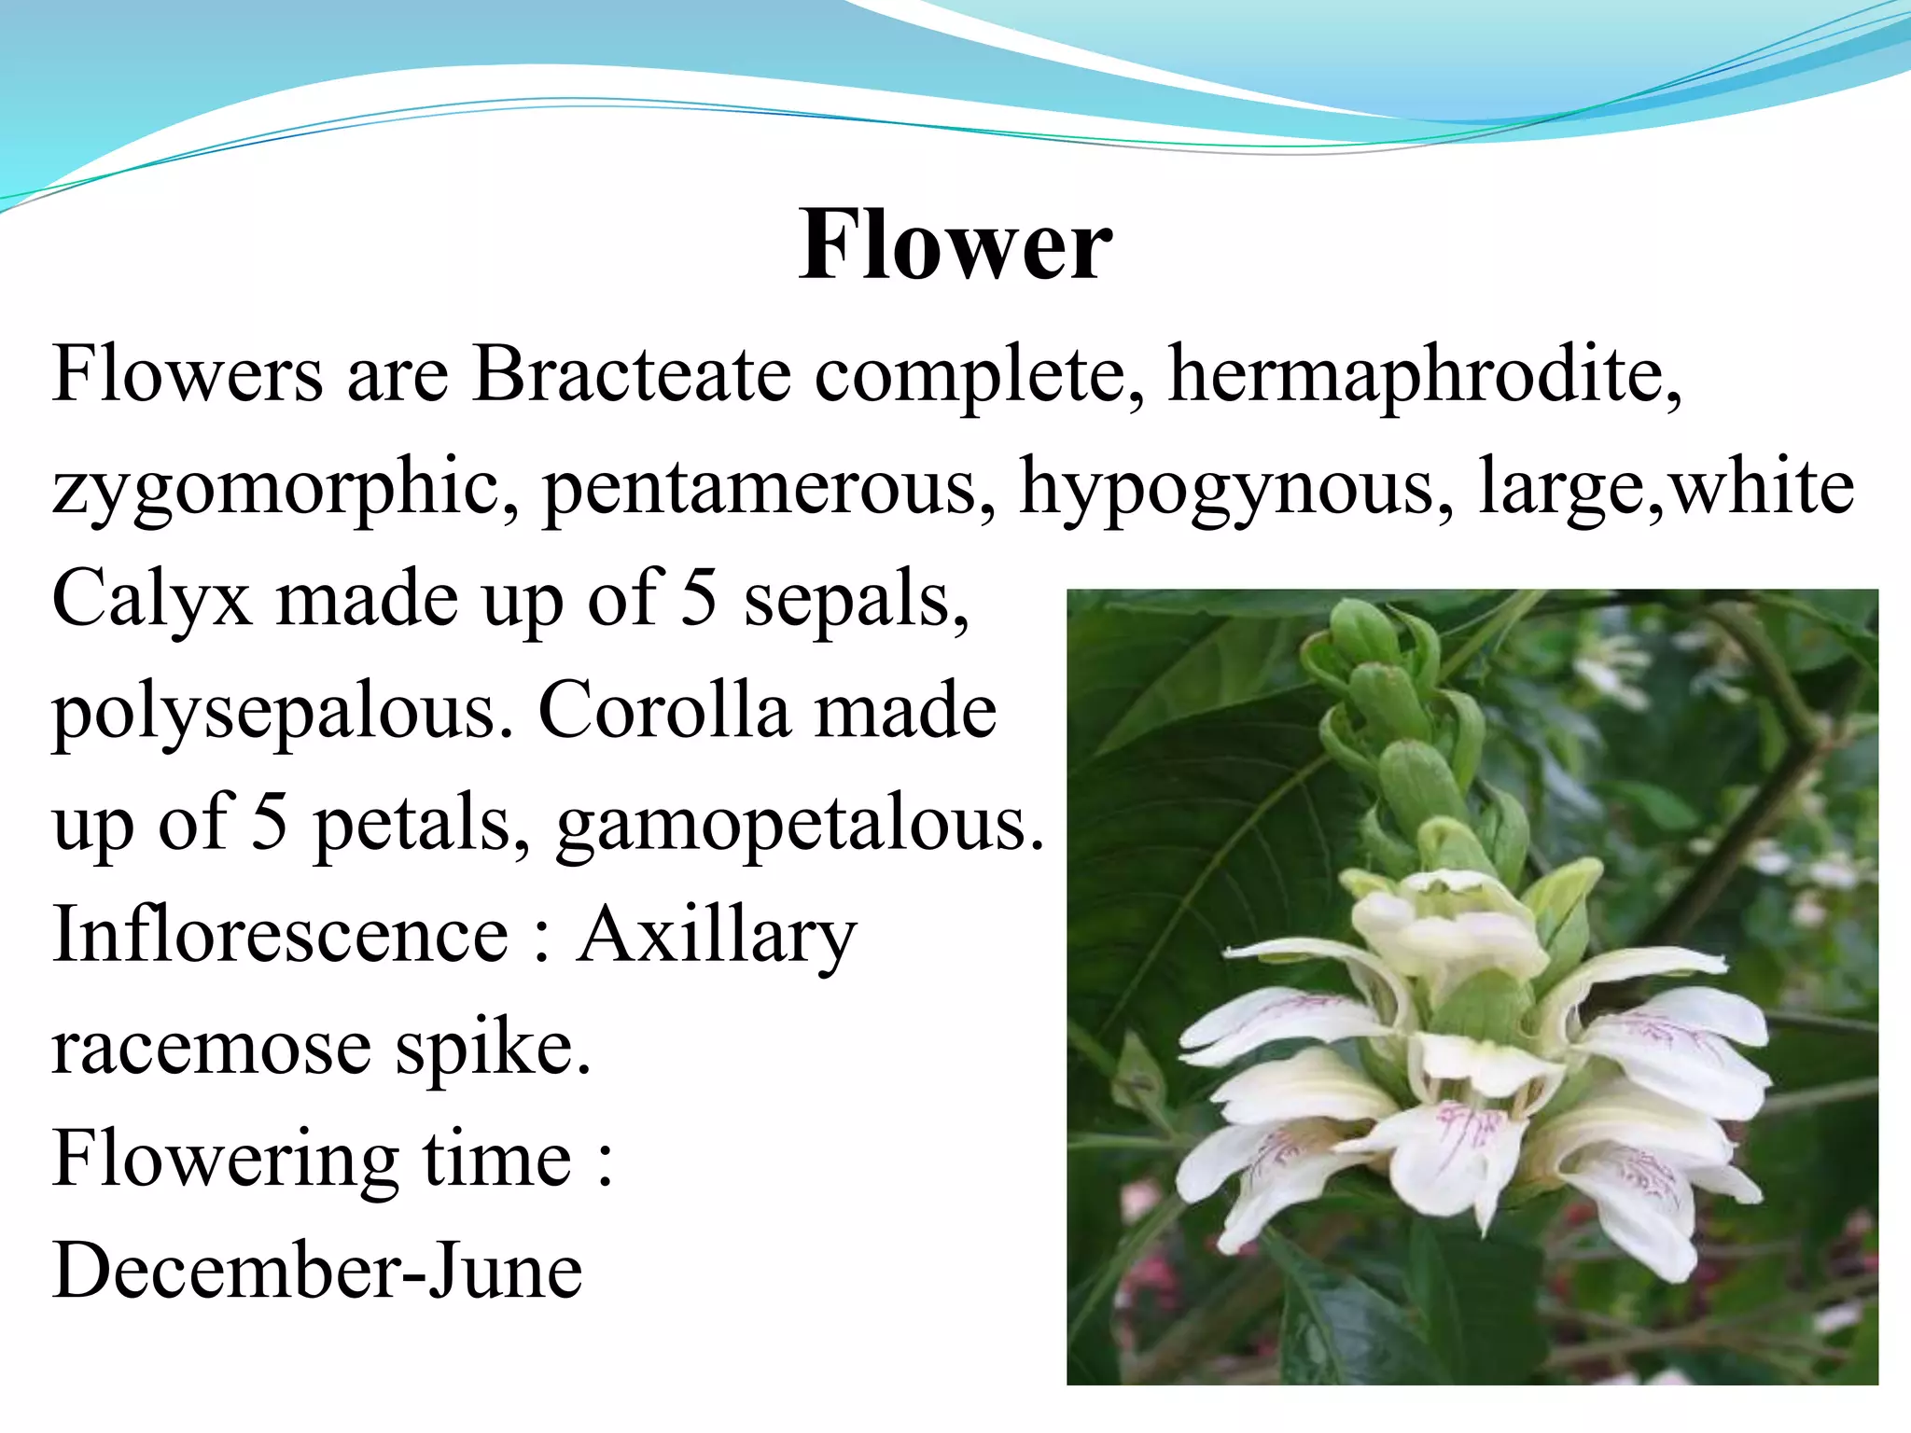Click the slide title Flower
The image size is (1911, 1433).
pyautogui.click(x=955, y=245)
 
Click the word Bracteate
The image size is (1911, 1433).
pyautogui.click(x=631, y=374)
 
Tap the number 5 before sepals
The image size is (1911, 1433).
pyautogui.click(x=699, y=598)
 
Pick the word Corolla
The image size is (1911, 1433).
pyautogui.click(x=663, y=710)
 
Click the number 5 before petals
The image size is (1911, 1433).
pyautogui.click(x=270, y=822)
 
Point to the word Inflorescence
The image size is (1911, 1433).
pyautogui.click(x=281, y=934)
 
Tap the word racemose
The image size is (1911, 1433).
pyautogui.click(x=211, y=1048)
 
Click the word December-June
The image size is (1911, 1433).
pyautogui.click(x=318, y=1271)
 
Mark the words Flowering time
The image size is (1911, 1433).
pyautogui.click(x=313, y=1160)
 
